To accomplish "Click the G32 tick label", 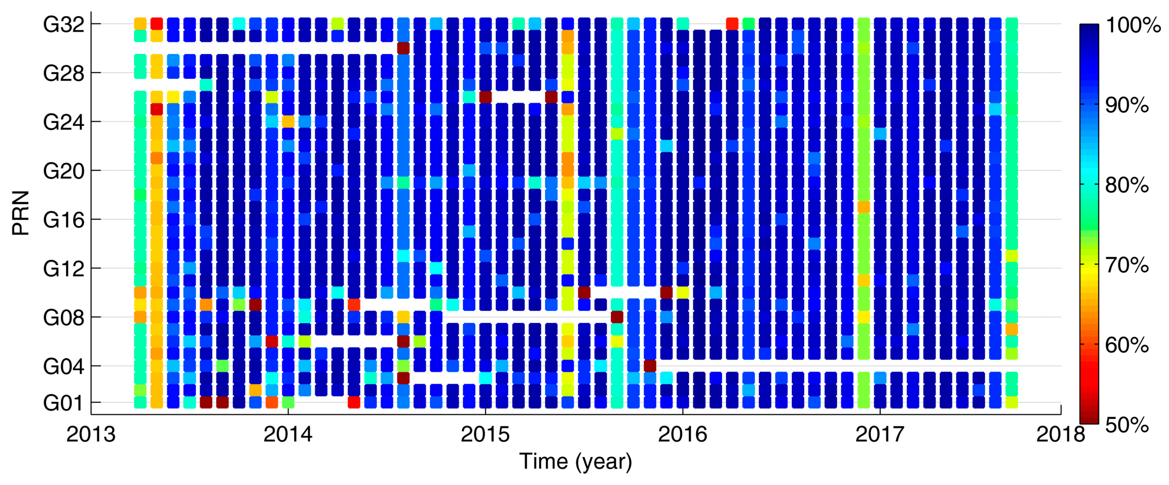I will [64, 25].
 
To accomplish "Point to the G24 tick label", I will [64, 122].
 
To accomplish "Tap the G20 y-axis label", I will [64, 171].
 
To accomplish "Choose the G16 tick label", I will [64, 220].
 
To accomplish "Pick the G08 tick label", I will [64, 318].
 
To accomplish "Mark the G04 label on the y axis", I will [64, 366].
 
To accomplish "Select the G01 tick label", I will [64, 403].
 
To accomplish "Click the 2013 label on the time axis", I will [91, 434].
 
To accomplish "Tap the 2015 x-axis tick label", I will [485, 434].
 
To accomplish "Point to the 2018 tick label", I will [1061, 434].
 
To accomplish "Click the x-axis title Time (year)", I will [575, 462].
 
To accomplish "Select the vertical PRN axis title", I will [21, 213].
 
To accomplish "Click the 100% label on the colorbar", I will [1133, 25].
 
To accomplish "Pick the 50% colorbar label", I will [1127, 425].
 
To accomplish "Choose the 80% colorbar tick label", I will [1127, 185].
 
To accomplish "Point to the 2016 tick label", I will [683, 434].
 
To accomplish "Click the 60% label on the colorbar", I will [1127, 345].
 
